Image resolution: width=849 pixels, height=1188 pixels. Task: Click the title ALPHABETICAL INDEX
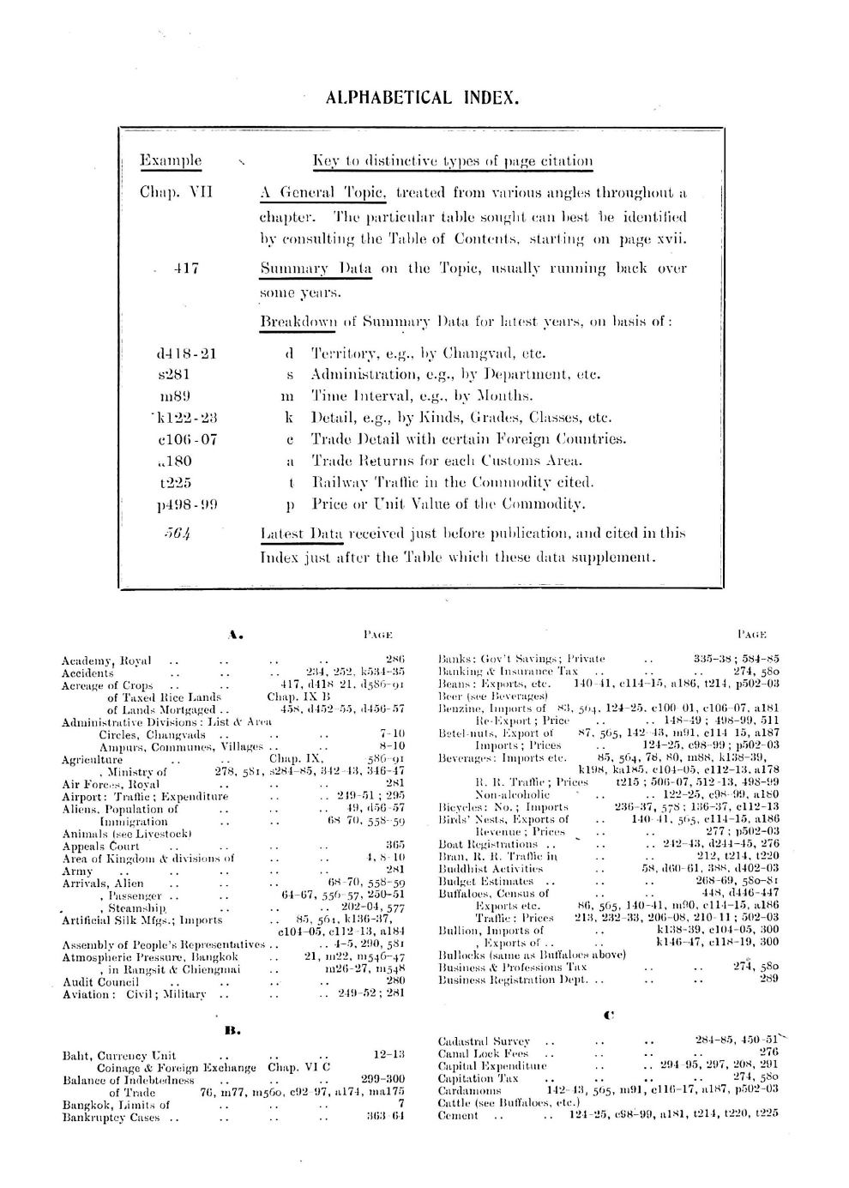[x=423, y=98]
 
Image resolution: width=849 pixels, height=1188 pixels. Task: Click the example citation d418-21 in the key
[x=187, y=353]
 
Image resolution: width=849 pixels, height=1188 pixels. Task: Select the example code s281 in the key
[x=174, y=375]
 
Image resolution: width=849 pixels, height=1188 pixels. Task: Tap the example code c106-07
[x=187, y=439]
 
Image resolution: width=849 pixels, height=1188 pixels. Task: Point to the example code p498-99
[x=187, y=504]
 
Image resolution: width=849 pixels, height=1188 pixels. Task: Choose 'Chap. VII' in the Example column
[x=175, y=194]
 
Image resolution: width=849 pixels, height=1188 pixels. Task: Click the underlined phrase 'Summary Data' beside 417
[x=316, y=268]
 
